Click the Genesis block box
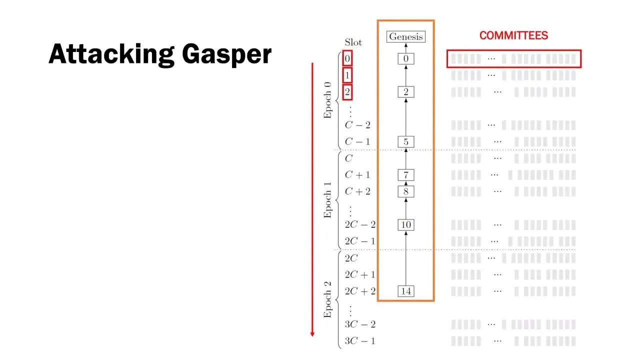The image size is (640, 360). (406, 36)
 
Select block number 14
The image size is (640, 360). (406, 291)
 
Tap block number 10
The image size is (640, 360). (406, 224)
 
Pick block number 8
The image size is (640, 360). (406, 191)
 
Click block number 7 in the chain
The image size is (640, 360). (406, 174)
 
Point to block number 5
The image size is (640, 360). (406, 141)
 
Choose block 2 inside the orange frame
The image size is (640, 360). (406, 91)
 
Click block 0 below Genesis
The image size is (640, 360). (406, 58)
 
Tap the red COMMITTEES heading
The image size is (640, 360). (513, 35)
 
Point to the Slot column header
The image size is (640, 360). (353, 42)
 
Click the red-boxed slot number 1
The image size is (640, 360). (347, 75)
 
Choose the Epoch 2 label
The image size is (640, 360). (327, 300)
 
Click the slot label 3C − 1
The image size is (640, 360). (359, 341)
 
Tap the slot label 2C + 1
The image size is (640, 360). (359, 274)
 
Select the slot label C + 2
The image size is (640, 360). (357, 191)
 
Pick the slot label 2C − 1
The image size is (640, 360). (359, 241)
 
